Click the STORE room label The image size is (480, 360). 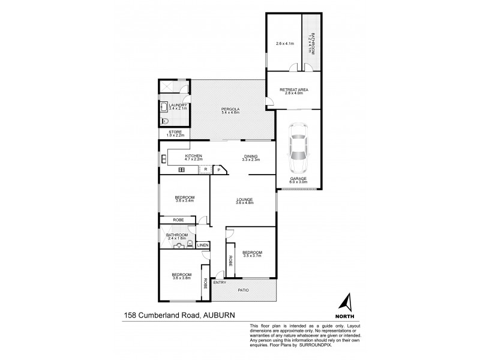click(175, 131)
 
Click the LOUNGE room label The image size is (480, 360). click(244, 199)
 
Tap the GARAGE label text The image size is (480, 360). click(298, 178)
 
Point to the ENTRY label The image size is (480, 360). click(220, 283)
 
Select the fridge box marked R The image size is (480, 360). click(205, 170)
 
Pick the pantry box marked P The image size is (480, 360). click(219, 170)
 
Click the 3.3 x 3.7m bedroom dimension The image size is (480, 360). click(251, 256)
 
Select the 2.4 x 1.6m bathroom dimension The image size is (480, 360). click(177, 239)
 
